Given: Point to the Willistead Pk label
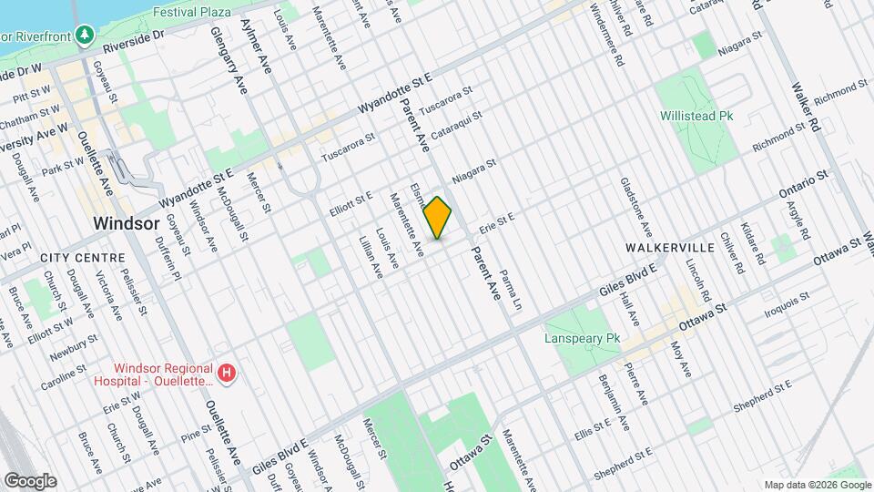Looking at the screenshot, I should pos(696,117).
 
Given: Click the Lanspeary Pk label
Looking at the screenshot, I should pos(582,338).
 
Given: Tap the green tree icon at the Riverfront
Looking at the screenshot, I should pos(86,35).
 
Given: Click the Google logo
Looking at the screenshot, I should pos(29,480).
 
